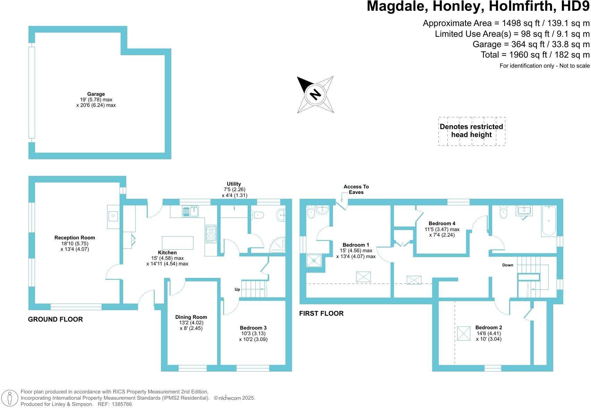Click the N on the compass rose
pos(315,94)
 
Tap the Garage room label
pos(96,94)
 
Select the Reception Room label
pos(75,238)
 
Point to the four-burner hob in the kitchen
pos(211,233)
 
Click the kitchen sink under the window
pos(190,211)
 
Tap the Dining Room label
pos(191,317)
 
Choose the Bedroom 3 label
pos(253,328)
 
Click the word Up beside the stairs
pos(237,289)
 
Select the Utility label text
pos(234,184)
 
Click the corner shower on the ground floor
pos(278,245)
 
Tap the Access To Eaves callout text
pos(356,189)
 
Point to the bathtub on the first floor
pos(549,221)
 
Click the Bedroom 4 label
pos(442,223)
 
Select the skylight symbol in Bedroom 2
pos(463,333)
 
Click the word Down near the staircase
pos(508,265)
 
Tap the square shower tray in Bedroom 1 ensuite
pos(314,260)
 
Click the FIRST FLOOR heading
pos(321,314)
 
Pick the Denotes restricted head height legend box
pos(472,131)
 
